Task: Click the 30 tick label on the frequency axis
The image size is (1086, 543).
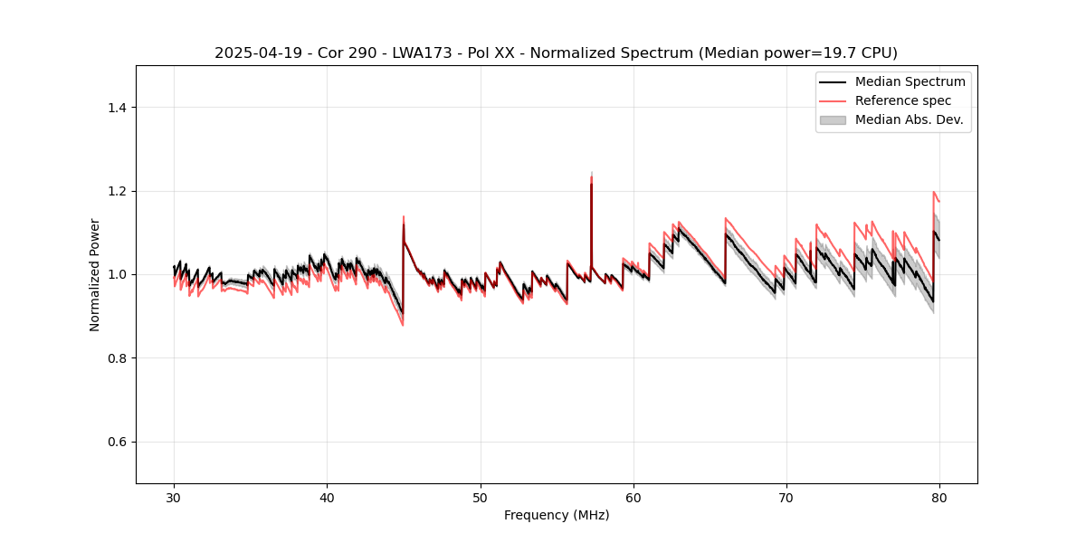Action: coord(174,498)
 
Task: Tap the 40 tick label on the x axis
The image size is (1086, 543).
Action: coord(327,498)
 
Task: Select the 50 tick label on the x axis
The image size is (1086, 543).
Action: coord(481,498)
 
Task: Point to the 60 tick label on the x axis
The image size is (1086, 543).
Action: coord(633,498)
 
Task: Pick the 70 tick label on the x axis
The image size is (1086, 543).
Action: coord(786,498)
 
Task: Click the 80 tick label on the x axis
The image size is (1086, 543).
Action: coord(939,498)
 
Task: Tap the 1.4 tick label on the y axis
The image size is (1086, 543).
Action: coord(116,108)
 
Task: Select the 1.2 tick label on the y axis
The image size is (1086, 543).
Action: coord(116,191)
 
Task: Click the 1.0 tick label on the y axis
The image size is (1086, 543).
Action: coord(116,274)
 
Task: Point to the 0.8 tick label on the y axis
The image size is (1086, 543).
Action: coord(116,358)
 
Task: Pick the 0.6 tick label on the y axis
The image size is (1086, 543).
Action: coord(116,442)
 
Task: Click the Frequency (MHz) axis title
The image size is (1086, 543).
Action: coord(557,515)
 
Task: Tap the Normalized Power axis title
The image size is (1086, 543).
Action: coord(95,274)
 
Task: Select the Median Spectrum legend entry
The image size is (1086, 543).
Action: coord(910,81)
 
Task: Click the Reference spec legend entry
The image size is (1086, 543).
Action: coord(902,100)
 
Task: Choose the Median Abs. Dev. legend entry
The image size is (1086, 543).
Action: coord(909,119)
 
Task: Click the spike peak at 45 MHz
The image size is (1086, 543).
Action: coord(404,218)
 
